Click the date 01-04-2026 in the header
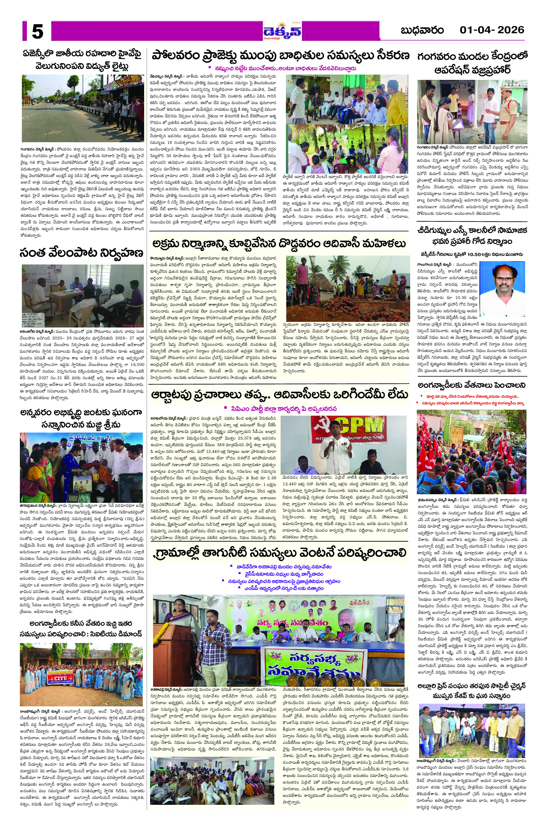pos(492,30)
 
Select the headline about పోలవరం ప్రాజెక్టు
pos(280,56)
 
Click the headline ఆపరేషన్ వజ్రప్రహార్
pos(472,70)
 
